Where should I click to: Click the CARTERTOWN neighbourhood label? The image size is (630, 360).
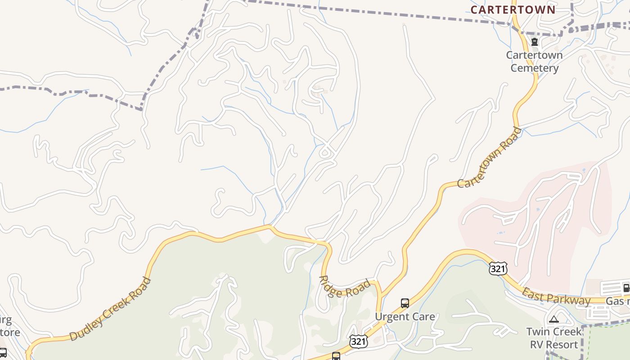click(513, 9)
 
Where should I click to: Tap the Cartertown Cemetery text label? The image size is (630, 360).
click(534, 61)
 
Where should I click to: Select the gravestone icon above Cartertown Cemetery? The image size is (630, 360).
click(535, 42)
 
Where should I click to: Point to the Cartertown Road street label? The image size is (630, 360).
click(490, 157)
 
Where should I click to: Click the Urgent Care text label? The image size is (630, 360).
click(405, 316)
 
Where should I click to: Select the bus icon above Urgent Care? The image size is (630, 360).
click(405, 303)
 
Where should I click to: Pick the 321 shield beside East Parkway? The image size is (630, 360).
click(498, 269)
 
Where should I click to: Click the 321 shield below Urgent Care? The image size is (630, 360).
click(358, 342)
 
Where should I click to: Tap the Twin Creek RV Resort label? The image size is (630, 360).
click(554, 338)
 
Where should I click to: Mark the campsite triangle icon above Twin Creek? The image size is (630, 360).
click(554, 319)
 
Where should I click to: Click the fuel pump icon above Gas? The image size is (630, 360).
click(625, 288)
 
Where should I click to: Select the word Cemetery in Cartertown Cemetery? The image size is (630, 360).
click(535, 68)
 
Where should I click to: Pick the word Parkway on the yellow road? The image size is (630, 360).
click(571, 300)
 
